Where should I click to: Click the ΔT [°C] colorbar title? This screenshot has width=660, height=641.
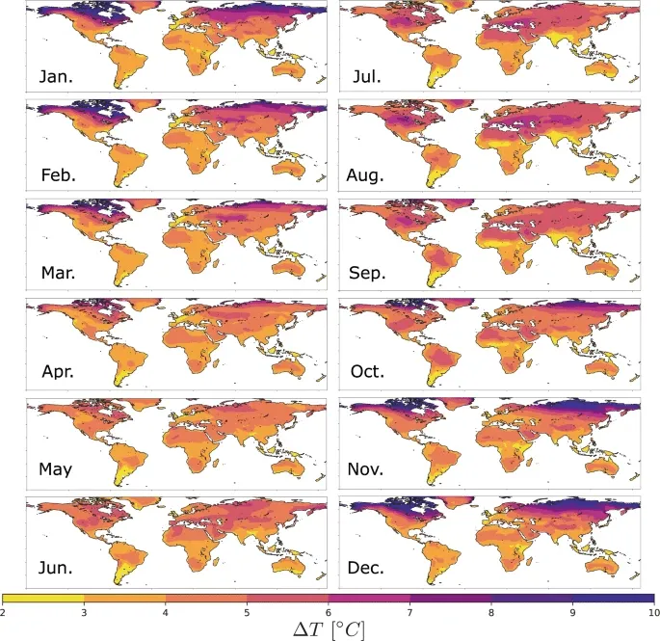coord(330,628)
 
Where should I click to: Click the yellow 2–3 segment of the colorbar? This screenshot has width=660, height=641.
coord(44,598)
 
